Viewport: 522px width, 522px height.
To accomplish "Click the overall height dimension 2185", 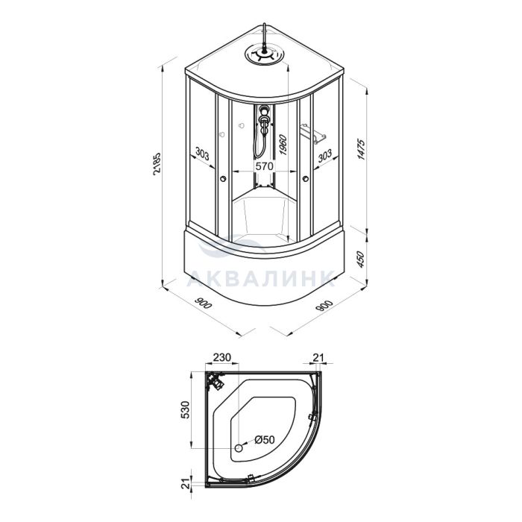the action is (x=157, y=164).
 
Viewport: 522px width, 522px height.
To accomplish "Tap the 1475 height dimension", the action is (x=361, y=150).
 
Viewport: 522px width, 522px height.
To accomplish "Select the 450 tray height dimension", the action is (x=360, y=260).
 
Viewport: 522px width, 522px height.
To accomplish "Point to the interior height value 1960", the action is (x=283, y=145).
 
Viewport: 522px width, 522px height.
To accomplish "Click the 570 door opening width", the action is (x=264, y=166).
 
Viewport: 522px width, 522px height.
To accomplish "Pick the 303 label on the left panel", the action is (x=202, y=154).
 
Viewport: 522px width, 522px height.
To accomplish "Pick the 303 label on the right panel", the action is (x=324, y=155).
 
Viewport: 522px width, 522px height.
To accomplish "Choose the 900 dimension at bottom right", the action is (x=324, y=306).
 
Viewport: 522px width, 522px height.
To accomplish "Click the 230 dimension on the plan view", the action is (x=221, y=357).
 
